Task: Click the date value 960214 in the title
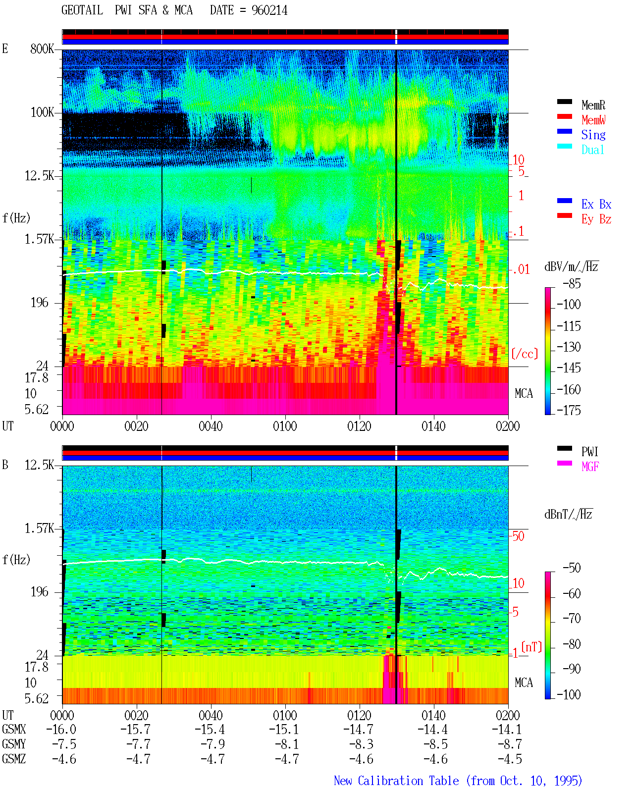[x=269, y=10]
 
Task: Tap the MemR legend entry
[x=593, y=105]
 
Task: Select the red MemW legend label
[x=593, y=120]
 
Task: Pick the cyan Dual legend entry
[x=592, y=150]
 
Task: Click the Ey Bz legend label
[x=596, y=219]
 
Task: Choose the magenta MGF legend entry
[x=590, y=467]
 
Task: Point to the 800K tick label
[x=42, y=49]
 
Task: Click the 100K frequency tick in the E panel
[x=42, y=112]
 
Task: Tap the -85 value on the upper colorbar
[x=572, y=283]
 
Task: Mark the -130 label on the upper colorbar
[x=569, y=347]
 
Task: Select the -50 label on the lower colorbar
[x=572, y=568]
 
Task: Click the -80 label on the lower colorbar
[x=572, y=644]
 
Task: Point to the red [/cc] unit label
[x=525, y=354]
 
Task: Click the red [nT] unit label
[x=531, y=647]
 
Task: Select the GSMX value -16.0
[x=61, y=729]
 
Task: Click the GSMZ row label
[x=14, y=759]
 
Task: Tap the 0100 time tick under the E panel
[x=285, y=426]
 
